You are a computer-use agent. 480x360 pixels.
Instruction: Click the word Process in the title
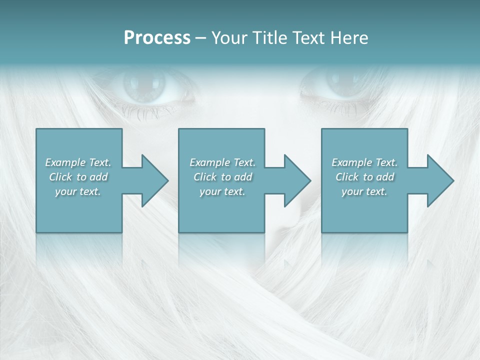pos(157,38)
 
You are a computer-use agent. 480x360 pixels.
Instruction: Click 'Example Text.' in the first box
pos(78,162)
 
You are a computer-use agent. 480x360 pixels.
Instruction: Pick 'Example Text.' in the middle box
pos(222,162)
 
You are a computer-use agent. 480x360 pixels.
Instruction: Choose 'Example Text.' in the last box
pos(364,162)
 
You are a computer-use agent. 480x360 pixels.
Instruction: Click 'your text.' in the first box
pos(78,191)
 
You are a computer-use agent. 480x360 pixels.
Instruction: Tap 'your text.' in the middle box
pos(222,191)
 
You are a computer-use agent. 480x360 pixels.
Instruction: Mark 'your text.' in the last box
pos(364,191)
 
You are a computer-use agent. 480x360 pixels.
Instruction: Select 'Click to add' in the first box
pos(78,177)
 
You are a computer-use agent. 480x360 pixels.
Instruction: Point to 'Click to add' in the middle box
pos(222,177)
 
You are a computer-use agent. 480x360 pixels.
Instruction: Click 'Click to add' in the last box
pos(364,177)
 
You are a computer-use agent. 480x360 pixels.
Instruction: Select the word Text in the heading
pos(308,38)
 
